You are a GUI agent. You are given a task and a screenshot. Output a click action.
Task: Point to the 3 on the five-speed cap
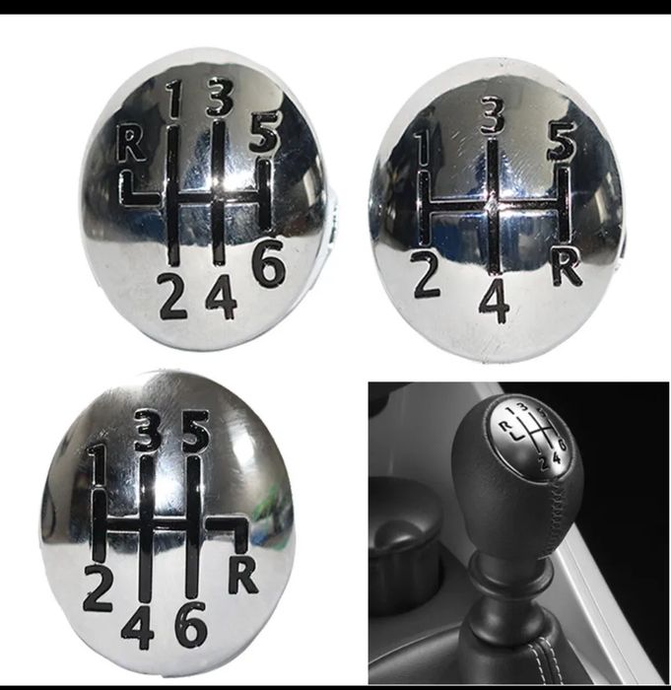pyautogui.click(x=493, y=115)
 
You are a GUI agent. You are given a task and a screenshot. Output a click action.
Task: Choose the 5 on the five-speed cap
pyautogui.click(x=562, y=140)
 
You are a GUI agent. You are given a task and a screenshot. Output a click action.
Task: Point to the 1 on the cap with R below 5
pyautogui.click(x=98, y=465)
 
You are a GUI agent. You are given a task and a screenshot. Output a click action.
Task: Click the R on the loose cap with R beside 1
pyautogui.click(x=131, y=143)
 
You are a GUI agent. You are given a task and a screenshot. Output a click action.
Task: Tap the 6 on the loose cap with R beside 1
pyautogui.click(x=268, y=262)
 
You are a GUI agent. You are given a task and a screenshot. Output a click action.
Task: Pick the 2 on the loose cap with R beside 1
pyautogui.click(x=172, y=296)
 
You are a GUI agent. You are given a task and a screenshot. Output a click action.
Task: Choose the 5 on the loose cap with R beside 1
pyautogui.click(x=263, y=131)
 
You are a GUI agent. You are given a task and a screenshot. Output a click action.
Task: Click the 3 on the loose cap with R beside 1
pyautogui.click(x=220, y=97)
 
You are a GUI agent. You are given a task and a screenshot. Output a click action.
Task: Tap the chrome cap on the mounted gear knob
pyautogui.click(x=531, y=436)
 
